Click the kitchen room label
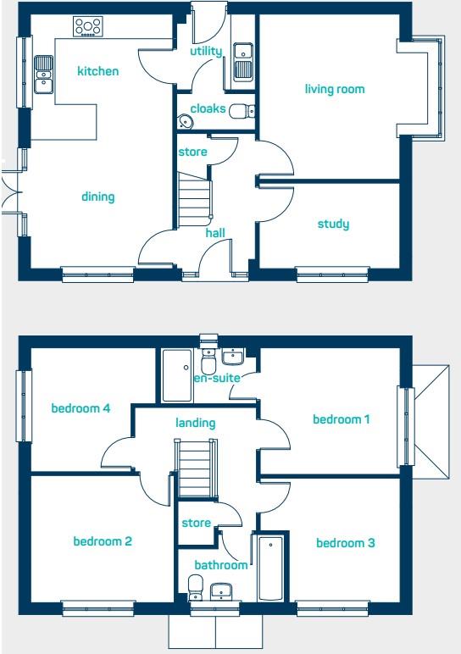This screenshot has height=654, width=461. pyautogui.click(x=98, y=71)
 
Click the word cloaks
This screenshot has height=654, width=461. pyautogui.click(x=208, y=108)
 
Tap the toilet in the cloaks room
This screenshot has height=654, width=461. pyautogui.click(x=241, y=110)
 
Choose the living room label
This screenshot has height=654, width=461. pyautogui.click(x=335, y=89)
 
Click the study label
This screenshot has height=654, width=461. pyautogui.click(x=333, y=224)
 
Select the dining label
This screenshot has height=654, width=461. pyautogui.click(x=97, y=197)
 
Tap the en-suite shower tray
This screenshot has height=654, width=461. pyautogui.click(x=177, y=375)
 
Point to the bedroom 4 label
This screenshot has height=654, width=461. pyautogui.click(x=81, y=408)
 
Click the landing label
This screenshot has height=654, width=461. pyautogui.click(x=195, y=423)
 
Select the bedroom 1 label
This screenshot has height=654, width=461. pyautogui.click(x=342, y=419)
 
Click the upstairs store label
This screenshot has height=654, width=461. pyautogui.click(x=196, y=523)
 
